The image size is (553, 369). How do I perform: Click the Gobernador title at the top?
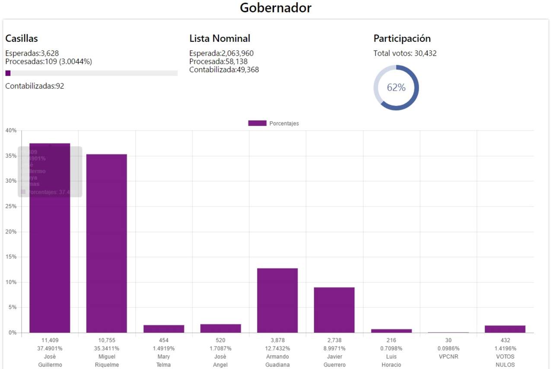coord(276,8)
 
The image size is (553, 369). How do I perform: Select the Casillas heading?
coord(22,38)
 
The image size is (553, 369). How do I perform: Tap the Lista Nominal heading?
coord(219,38)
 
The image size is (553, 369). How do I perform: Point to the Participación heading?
coord(402,38)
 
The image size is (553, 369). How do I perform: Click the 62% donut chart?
coord(396,88)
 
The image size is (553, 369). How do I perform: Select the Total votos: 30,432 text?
coord(406,54)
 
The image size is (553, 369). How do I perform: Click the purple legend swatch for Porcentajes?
coord(257,124)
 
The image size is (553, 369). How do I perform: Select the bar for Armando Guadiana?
coord(277,300)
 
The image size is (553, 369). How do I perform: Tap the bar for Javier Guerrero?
coord(334,310)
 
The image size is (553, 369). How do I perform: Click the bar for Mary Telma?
coord(164,329)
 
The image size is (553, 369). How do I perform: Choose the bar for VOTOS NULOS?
coord(505,329)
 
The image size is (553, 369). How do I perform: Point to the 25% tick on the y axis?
coord(10,207)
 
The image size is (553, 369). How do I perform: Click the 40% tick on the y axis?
coord(10,130)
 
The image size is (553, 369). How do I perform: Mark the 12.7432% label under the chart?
coord(277,349)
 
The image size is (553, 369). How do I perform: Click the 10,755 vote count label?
coord(107,340)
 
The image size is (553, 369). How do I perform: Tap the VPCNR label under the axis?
coord(448,357)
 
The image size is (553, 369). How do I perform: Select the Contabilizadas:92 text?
coord(35,86)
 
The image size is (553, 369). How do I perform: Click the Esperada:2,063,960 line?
coord(221,54)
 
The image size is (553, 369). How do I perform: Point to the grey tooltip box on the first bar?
coord(50,172)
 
